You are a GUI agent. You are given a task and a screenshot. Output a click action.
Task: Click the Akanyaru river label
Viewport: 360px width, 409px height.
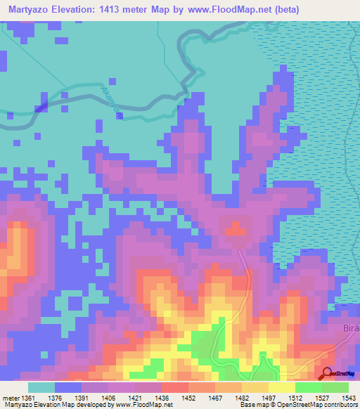113,101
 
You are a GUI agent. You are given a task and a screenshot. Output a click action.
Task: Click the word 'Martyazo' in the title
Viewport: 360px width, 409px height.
32,10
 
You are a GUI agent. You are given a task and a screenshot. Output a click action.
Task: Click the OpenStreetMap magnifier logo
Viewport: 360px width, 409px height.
327,374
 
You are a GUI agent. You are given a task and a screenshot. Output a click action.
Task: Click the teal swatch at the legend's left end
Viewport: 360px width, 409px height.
41,387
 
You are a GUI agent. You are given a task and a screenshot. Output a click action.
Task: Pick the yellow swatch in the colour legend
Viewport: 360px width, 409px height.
281,387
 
